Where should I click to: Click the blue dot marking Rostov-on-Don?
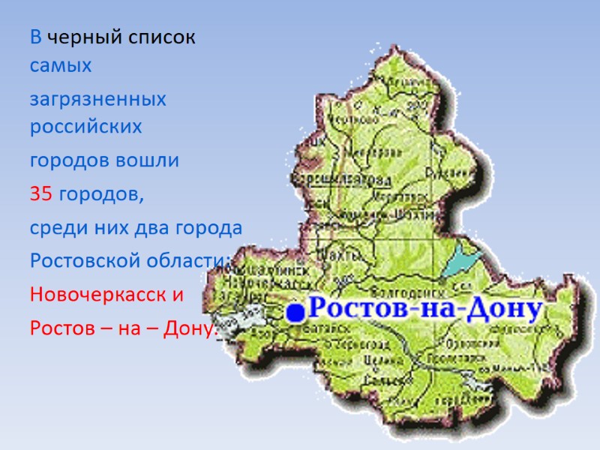tap(296, 313)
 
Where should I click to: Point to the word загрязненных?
tap(98, 100)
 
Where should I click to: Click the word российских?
tap(85, 127)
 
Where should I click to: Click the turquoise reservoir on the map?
tap(456, 259)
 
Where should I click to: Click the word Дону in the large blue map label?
tap(500, 310)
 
